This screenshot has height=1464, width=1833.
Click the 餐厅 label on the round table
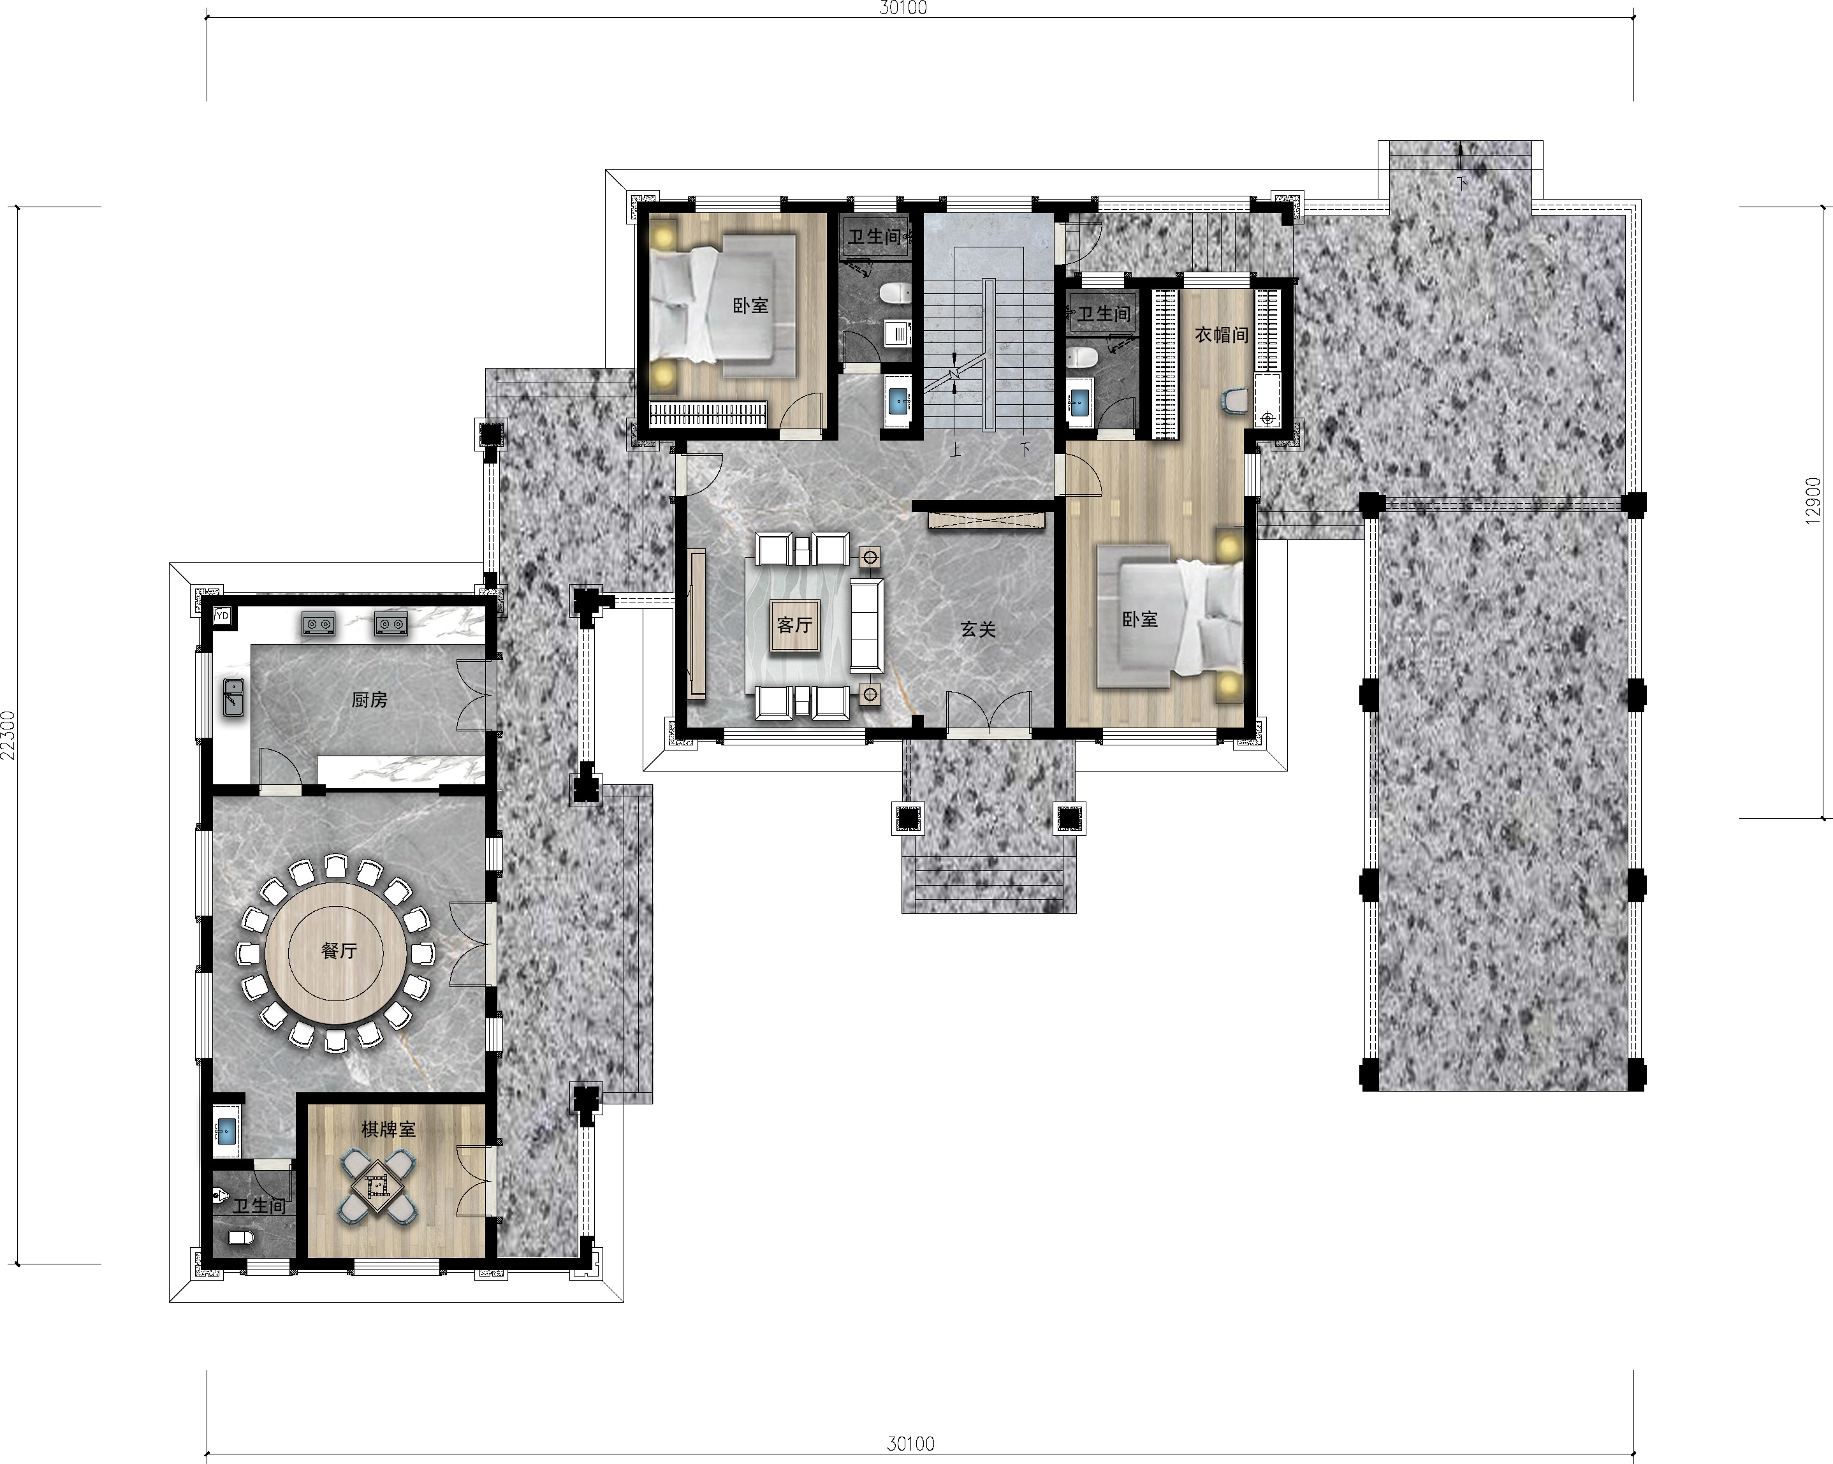[x=339, y=951]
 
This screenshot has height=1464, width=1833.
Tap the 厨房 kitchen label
[x=369, y=699]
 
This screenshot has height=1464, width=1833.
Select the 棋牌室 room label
[x=388, y=1129]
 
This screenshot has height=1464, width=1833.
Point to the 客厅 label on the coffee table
[x=794, y=625]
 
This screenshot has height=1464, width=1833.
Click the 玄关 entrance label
[x=978, y=629]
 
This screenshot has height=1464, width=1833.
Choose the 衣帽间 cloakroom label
[x=1222, y=335]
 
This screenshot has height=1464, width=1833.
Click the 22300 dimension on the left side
[x=8, y=735]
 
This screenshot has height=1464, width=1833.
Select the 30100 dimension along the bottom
[x=910, y=1444]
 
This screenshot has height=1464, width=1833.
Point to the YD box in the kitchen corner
[x=223, y=615]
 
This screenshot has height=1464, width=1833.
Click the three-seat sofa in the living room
[x=866, y=625]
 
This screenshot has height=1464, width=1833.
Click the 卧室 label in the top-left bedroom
[x=750, y=305]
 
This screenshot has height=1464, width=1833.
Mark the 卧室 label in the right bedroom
[x=1140, y=620]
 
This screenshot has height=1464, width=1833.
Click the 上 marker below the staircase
[x=956, y=449]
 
